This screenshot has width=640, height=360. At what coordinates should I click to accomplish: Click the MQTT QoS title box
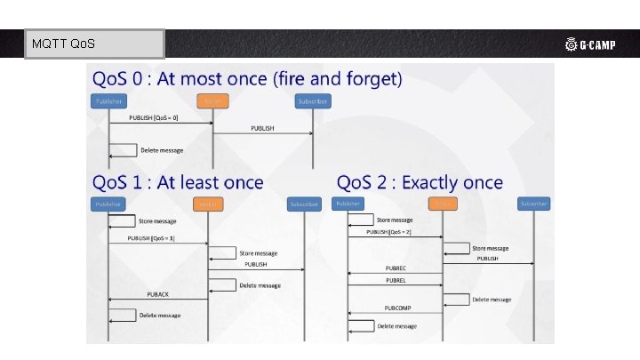pyautogui.click(x=95, y=44)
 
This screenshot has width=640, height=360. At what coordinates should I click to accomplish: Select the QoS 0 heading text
pyautogui.click(x=247, y=79)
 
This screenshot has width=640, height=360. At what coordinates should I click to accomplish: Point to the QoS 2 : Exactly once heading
pyautogui.click(x=420, y=183)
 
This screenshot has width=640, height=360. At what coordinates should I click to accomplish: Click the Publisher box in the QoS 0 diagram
pyautogui.click(x=108, y=101)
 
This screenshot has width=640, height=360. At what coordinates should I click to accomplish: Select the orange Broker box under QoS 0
pyautogui.click(x=212, y=101)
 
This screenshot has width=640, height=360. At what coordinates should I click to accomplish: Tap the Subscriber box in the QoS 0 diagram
pyautogui.click(x=311, y=101)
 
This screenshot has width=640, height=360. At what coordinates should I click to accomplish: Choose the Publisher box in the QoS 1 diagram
pyautogui.click(x=108, y=204)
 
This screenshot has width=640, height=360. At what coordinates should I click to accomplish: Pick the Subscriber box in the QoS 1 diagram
pyautogui.click(x=303, y=204)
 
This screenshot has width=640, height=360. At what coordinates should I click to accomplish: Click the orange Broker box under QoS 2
pyautogui.click(x=442, y=204)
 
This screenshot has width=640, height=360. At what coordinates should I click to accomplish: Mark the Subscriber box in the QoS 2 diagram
pyautogui.click(x=533, y=204)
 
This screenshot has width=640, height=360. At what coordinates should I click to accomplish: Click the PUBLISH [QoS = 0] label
pyautogui.click(x=154, y=117)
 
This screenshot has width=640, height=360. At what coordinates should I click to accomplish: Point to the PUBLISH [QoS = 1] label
pyautogui.click(x=152, y=237)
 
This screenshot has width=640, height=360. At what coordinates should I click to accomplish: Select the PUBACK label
pyautogui.click(x=157, y=293)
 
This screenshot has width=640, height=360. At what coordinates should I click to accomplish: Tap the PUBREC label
pyautogui.click(x=396, y=268)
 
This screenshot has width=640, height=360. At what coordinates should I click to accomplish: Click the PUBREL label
pyautogui.click(x=396, y=281)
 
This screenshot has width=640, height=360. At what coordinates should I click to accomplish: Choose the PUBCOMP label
pyautogui.click(x=398, y=308)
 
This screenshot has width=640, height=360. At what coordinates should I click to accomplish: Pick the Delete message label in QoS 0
pyautogui.click(x=162, y=150)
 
